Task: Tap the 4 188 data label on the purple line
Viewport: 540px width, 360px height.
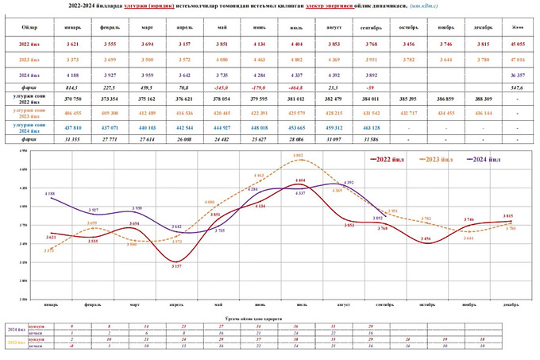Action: coord(49,193)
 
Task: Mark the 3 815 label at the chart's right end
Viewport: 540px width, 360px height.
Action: coord(505,216)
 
